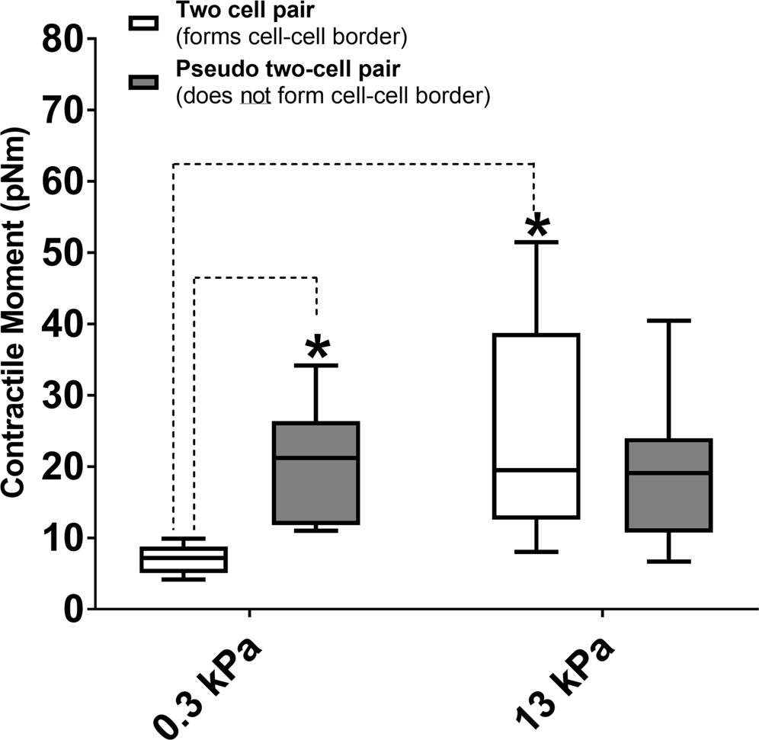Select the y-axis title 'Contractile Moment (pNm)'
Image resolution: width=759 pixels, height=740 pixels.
click(x=14, y=323)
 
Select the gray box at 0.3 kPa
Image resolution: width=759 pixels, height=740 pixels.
click(x=316, y=473)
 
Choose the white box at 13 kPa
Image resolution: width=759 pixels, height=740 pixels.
click(x=536, y=425)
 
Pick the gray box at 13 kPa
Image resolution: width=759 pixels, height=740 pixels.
click(x=668, y=485)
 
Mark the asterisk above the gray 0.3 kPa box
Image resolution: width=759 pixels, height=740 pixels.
click(x=317, y=349)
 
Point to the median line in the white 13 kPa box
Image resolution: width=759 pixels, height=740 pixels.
click(x=536, y=469)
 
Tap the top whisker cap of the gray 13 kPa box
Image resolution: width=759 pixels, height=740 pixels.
click(x=668, y=321)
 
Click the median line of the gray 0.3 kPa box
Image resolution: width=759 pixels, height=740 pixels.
click(x=316, y=457)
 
